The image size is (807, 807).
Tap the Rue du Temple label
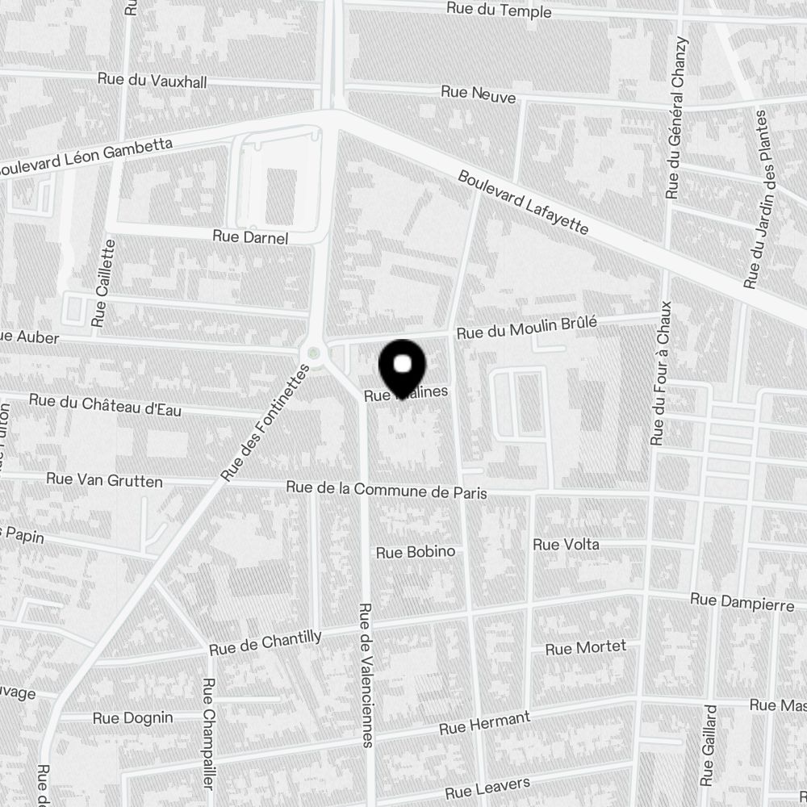coord(499,10)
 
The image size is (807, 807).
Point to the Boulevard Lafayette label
coord(523,202)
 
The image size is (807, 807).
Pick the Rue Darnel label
coord(250,236)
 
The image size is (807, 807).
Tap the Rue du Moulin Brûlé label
coord(526,328)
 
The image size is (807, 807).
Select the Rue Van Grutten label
coord(104,480)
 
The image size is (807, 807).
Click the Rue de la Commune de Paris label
coord(387,490)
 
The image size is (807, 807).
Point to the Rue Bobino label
coord(416,552)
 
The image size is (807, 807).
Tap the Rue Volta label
coord(566,545)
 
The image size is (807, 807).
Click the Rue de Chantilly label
coord(265,642)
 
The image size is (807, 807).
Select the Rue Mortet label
coord(585,648)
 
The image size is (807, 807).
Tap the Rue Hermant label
coord(484,723)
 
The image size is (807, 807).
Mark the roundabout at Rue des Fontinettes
coord(312,353)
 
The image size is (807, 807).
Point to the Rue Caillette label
coord(102,283)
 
